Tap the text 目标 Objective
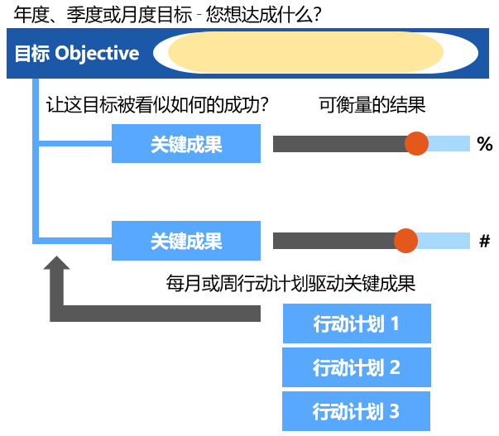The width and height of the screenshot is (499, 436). tap(77, 54)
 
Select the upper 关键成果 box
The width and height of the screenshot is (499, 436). tap(186, 144)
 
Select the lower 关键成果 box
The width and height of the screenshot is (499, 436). tap(186, 241)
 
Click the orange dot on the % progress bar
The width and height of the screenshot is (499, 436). tap(416, 143)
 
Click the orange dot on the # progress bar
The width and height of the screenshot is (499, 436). tap(405, 241)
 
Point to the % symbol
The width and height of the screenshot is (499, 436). tap(485, 144)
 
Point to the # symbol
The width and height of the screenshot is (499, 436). tap(485, 241)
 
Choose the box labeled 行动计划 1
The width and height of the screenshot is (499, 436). tap(357, 323)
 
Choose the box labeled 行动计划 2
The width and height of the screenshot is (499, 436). tap(357, 367)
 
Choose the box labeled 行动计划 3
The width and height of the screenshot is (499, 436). tap(357, 410)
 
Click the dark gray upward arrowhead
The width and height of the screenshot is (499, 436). tap(56, 267)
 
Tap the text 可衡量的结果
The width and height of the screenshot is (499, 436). tap(372, 105)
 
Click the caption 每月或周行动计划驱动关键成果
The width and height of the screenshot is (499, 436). tap(290, 284)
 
